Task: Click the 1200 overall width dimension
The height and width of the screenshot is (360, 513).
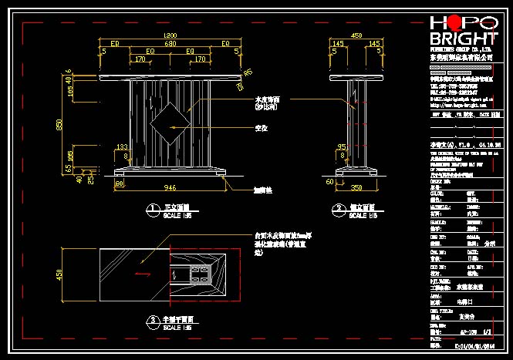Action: (x=170, y=35)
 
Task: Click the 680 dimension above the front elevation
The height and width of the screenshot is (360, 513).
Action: (x=170, y=44)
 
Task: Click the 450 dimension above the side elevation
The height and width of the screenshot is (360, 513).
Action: (x=356, y=35)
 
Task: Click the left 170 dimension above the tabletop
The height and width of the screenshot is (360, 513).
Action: (x=140, y=59)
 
